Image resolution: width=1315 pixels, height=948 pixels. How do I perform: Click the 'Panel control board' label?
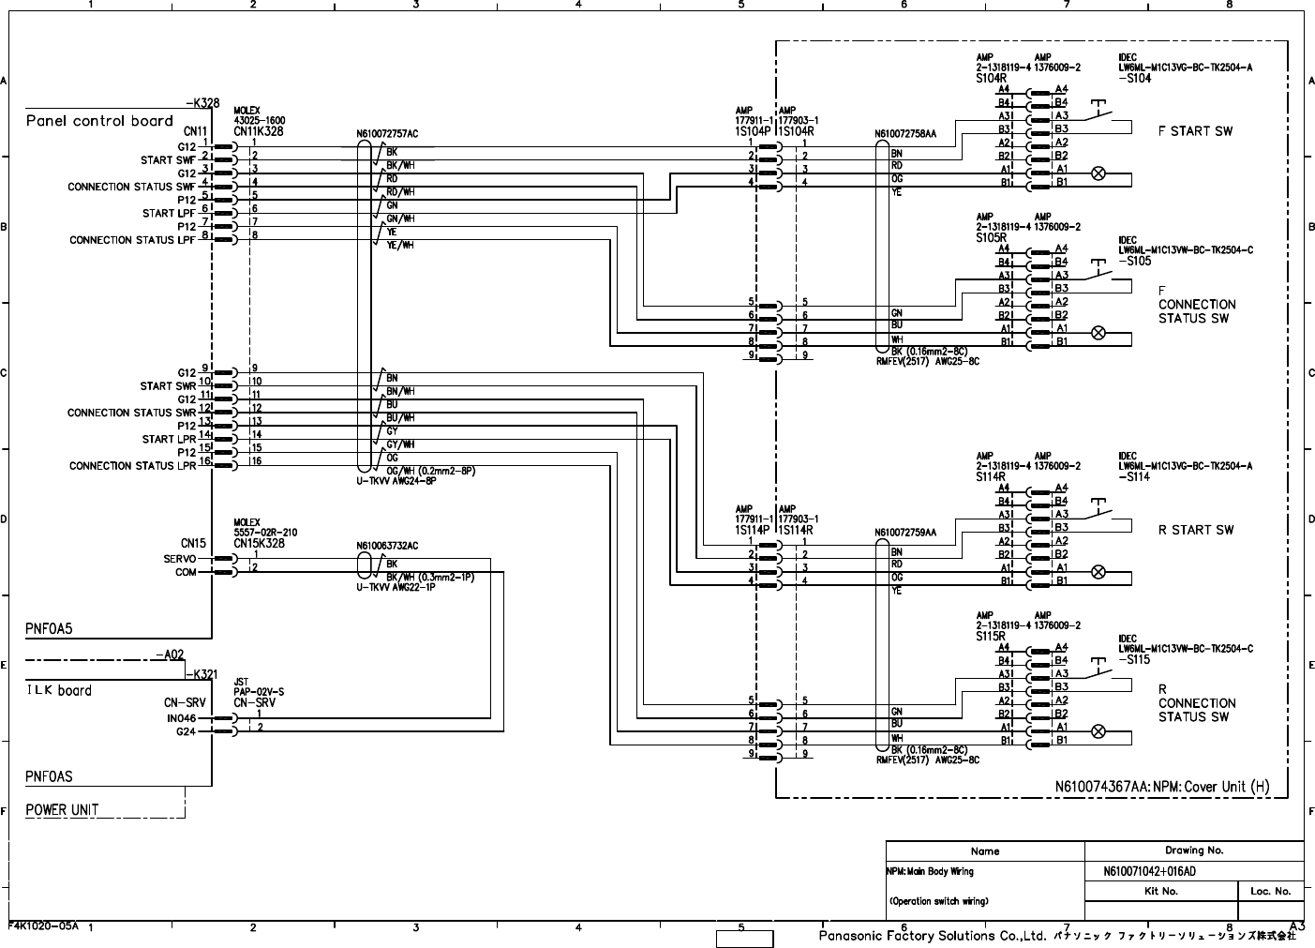[99, 121]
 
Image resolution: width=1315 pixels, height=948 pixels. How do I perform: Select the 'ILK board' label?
[58, 690]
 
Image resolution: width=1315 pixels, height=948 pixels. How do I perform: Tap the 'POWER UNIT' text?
[62, 809]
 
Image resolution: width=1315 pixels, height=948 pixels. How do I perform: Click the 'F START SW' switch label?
[1195, 131]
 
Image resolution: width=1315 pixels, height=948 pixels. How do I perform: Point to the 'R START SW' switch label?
[1195, 530]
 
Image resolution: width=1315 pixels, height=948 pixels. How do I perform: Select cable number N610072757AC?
[387, 134]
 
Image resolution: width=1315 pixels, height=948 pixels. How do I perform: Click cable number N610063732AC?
[387, 546]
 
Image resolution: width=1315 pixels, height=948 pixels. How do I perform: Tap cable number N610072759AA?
[905, 533]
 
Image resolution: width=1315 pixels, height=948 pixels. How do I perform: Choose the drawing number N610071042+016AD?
[1149, 872]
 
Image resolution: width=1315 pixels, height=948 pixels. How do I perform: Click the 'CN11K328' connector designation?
[258, 132]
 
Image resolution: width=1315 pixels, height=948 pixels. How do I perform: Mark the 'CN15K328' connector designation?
[259, 544]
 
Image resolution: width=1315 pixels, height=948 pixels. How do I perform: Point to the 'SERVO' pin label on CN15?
[179, 559]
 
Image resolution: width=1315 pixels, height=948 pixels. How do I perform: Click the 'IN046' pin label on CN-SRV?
[180, 718]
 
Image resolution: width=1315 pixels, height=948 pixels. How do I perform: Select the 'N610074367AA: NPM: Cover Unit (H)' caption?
[1157, 787]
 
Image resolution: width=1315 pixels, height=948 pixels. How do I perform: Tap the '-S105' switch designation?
[1134, 262]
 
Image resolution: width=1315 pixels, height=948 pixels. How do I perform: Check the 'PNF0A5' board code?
[49, 629]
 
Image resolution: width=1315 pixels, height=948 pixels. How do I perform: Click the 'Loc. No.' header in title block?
[1270, 891]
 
